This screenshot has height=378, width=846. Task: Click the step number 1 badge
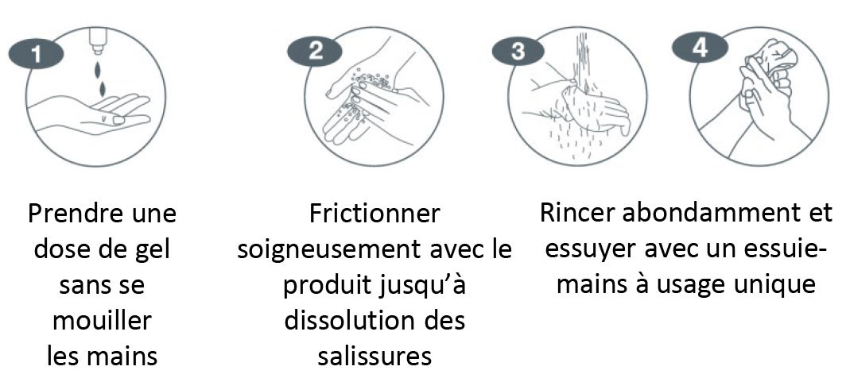(x=36, y=55)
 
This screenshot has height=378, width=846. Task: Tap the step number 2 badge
(x=315, y=52)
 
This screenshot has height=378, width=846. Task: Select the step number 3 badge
(x=518, y=52)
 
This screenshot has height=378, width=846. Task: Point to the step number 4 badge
(x=700, y=48)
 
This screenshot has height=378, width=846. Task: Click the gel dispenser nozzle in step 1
(x=99, y=41)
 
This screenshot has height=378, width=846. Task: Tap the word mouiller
(x=102, y=321)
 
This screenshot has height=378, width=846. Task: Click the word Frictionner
(x=374, y=214)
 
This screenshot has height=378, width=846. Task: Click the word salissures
(x=374, y=356)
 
